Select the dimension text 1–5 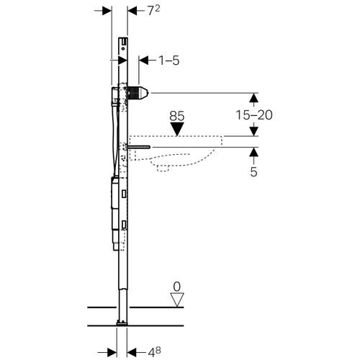(165, 60)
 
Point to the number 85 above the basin (178, 115)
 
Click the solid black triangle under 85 (178, 129)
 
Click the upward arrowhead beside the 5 (253, 153)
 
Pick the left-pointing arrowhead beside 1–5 (143, 60)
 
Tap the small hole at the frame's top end (123, 42)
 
